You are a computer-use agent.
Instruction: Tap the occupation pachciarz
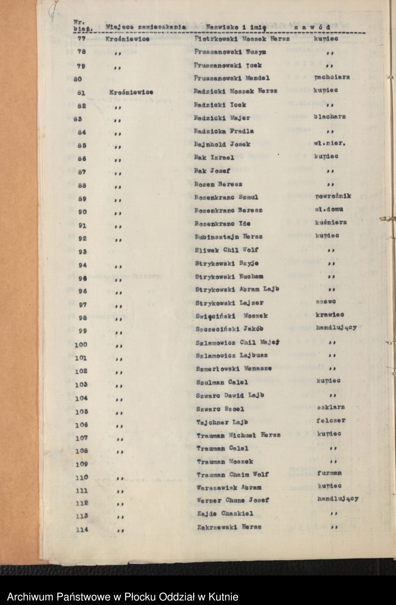pyautogui.click(x=332, y=77)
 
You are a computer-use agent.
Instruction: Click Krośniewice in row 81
pyautogui.click(x=131, y=92)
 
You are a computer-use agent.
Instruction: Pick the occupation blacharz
pyautogui.click(x=330, y=117)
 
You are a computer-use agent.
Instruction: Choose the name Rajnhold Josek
pyautogui.click(x=222, y=144)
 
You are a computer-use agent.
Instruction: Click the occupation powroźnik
pyautogui.click(x=333, y=196)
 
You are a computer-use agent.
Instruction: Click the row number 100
pyautogui.click(x=81, y=345)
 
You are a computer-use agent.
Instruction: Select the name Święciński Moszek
pyautogui.click(x=231, y=316)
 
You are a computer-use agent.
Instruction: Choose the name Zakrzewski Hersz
pyautogui.click(x=229, y=527)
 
